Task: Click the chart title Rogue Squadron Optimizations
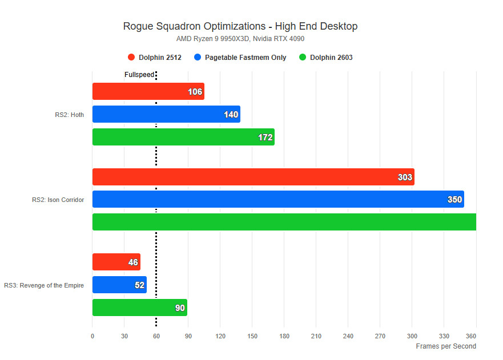(x=240, y=26)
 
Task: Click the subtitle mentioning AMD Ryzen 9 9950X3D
(x=240, y=39)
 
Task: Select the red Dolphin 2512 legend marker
(x=131, y=57)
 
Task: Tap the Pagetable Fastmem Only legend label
(x=246, y=57)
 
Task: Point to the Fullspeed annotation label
(x=139, y=75)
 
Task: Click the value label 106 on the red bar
(x=195, y=92)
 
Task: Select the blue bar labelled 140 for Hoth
(x=166, y=114)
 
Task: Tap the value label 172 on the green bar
(x=265, y=137)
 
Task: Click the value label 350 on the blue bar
(x=454, y=200)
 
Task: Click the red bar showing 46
(x=116, y=262)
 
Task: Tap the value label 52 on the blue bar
(x=139, y=285)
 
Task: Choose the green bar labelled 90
(x=139, y=308)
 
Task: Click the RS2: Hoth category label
(x=69, y=115)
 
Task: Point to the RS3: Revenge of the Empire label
(x=44, y=285)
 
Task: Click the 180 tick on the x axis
(x=284, y=337)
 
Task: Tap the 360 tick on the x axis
(x=471, y=337)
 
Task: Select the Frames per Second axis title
(x=445, y=346)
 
